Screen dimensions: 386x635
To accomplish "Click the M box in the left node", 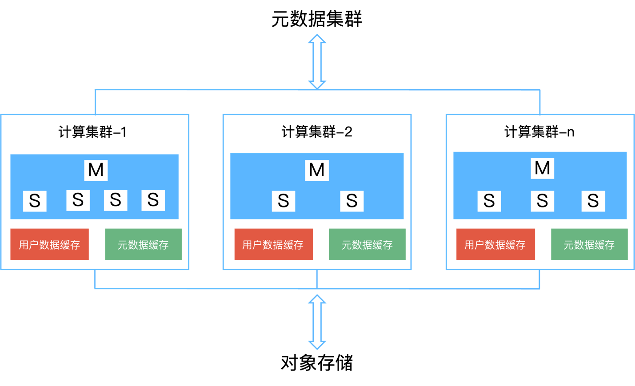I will [96, 170].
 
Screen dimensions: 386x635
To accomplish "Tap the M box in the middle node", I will [317, 170].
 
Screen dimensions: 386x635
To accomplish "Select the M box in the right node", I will [542, 168].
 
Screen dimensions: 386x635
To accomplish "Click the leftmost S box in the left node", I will [35, 201].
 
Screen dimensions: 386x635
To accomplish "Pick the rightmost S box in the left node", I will [153, 200].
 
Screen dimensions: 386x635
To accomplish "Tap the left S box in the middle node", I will [284, 201].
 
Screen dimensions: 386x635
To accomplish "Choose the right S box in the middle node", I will [352, 201].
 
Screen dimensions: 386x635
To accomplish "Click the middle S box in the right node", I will [542, 201].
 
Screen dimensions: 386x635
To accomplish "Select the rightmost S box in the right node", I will [593, 201].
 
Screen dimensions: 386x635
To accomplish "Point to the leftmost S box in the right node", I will [489, 201].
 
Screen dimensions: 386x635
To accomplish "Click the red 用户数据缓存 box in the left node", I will [50, 245].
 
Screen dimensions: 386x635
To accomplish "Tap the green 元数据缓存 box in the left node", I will [143, 245].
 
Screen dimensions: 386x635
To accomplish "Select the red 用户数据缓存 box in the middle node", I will [273, 245].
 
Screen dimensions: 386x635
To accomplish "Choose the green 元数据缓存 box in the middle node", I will [367, 245].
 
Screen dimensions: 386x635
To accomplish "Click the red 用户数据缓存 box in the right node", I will [495, 245].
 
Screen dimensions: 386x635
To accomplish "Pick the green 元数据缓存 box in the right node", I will [589, 245].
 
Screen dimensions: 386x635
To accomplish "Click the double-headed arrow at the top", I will [317, 61].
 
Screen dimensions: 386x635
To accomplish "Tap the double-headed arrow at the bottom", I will [317, 322].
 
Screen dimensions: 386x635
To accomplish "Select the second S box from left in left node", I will [78, 200].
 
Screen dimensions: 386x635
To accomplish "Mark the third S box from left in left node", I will [116, 200].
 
